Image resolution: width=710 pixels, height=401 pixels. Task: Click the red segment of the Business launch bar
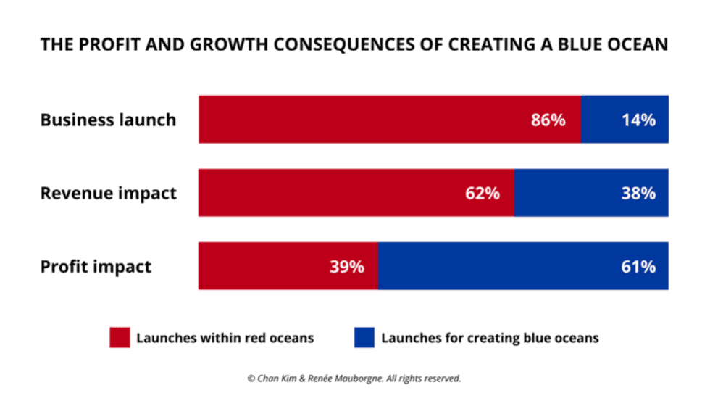pyautogui.click(x=362, y=119)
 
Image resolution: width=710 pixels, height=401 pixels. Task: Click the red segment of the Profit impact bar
pyautogui.click(x=275, y=266)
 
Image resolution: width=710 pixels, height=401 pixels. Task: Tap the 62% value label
pyautogui.click(x=482, y=194)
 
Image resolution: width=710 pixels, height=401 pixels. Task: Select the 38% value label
pyautogui.click(x=638, y=194)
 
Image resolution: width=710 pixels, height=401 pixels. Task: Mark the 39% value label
pyautogui.click(x=346, y=267)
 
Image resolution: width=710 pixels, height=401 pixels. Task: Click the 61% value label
pyautogui.click(x=638, y=267)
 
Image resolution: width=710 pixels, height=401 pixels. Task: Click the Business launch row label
pyautogui.click(x=108, y=120)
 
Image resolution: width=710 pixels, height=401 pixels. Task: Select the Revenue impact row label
pyautogui.click(x=108, y=194)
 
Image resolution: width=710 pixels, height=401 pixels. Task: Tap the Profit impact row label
pyautogui.click(x=96, y=267)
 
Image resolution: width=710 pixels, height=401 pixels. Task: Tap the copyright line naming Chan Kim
pyautogui.click(x=354, y=378)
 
